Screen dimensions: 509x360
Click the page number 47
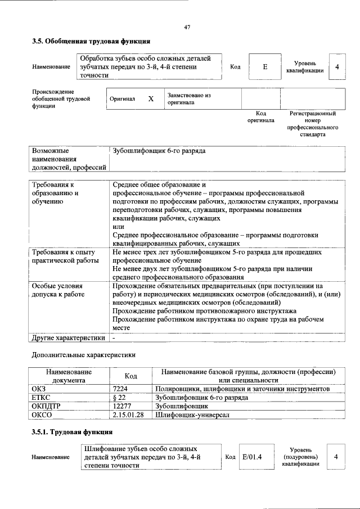(x=187, y=27)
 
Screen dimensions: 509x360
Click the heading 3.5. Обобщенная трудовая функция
(x=91, y=41)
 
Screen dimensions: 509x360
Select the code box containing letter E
(x=264, y=67)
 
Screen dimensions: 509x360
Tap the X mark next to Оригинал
(x=151, y=99)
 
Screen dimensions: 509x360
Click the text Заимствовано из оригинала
(x=188, y=99)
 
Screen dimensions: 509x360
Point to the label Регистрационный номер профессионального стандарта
(x=312, y=124)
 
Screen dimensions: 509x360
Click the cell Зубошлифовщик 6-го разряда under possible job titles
(x=159, y=151)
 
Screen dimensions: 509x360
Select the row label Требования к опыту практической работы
(x=64, y=257)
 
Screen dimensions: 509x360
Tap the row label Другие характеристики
(x=69, y=338)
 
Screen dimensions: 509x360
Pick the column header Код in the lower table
(x=130, y=376)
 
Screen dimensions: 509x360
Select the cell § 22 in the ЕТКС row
(x=119, y=397)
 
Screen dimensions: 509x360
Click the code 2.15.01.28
(x=129, y=415)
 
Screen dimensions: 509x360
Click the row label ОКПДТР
(x=47, y=406)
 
